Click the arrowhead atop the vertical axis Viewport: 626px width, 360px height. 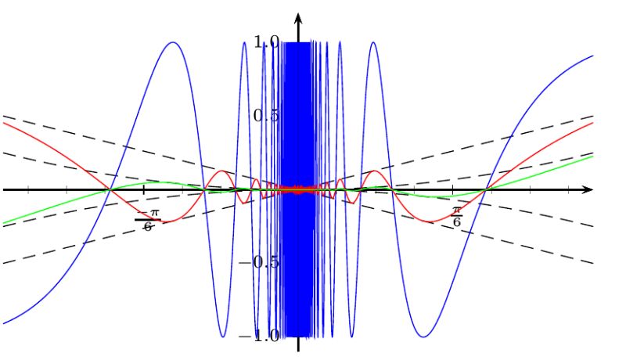(298, 17)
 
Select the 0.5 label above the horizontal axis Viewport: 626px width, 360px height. (267, 116)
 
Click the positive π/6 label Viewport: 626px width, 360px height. (457, 215)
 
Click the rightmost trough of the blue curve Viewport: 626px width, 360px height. (423, 337)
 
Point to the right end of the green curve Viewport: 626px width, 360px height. (592, 157)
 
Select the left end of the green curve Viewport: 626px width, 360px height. (3, 223)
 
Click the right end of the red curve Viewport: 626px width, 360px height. (592, 123)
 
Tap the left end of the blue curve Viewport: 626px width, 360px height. (3, 322)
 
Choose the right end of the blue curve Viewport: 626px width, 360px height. (592, 56)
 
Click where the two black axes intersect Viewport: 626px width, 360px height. (298, 189)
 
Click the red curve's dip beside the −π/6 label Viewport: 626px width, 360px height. (161, 222)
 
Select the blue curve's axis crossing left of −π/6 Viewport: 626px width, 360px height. (110, 189)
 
